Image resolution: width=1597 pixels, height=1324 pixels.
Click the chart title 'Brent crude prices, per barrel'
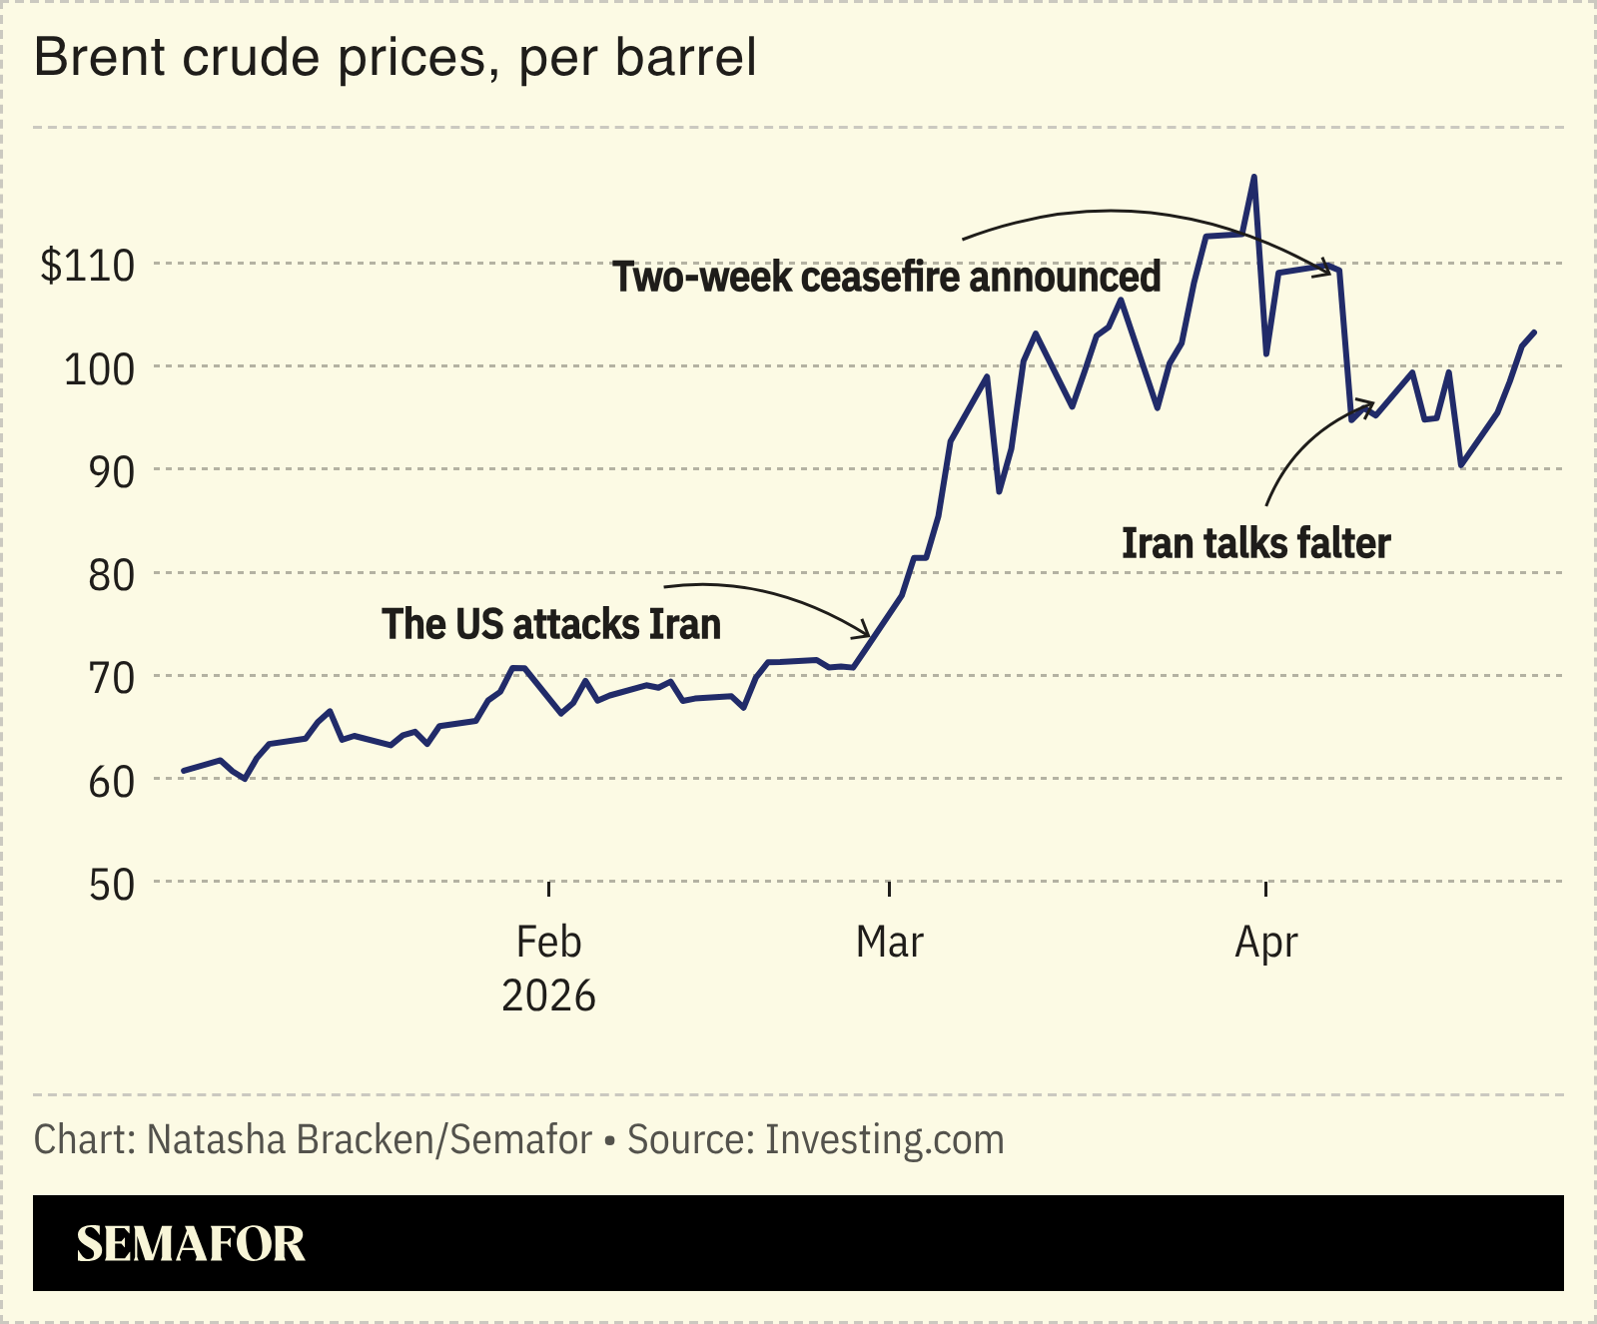(395, 58)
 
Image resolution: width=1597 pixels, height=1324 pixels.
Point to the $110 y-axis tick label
(87, 267)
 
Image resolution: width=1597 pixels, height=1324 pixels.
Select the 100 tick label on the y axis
(99, 370)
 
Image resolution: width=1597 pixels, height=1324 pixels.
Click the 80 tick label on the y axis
(111, 576)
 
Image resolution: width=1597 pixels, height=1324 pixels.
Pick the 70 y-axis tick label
(111, 679)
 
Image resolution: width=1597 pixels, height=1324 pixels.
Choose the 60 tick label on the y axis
(111, 782)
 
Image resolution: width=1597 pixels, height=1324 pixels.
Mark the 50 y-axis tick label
(111, 885)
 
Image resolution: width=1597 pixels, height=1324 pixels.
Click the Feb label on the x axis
(548, 942)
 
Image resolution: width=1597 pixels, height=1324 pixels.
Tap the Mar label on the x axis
(889, 942)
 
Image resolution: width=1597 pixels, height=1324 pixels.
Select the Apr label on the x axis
(1265, 942)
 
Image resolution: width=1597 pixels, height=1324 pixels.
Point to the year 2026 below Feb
(548, 995)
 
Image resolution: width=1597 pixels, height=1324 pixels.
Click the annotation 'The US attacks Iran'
(550, 624)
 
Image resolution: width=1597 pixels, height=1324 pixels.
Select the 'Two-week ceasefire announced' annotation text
(886, 277)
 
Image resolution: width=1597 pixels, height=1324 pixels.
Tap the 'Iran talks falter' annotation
(1255, 543)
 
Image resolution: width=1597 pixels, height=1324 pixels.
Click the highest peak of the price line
(1253, 178)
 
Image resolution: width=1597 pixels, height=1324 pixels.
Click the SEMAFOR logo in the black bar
(190, 1243)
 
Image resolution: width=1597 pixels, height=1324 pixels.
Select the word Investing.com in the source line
(884, 1139)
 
